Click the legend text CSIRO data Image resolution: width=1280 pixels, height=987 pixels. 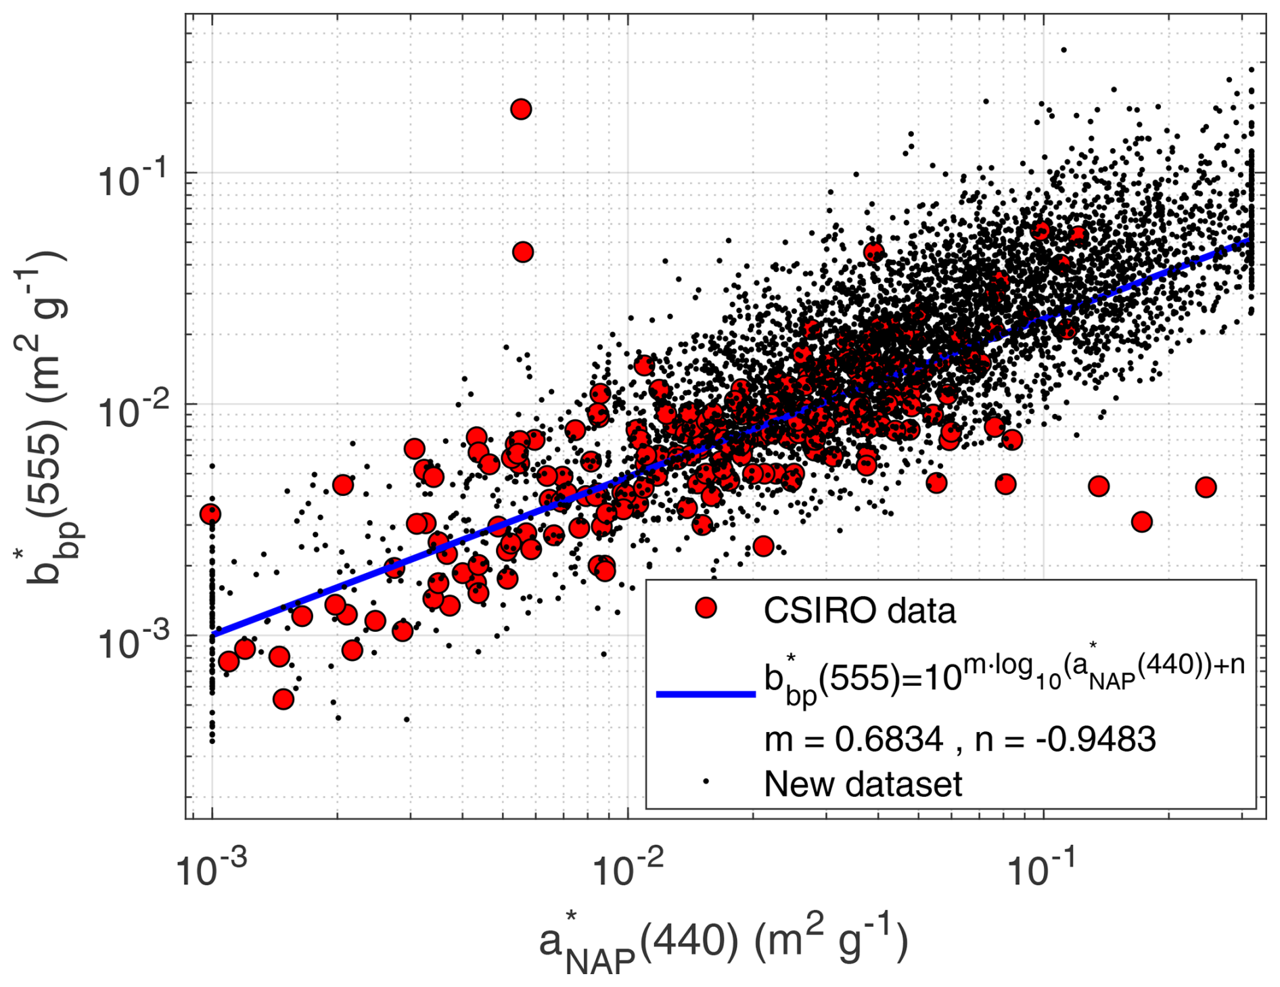tap(859, 610)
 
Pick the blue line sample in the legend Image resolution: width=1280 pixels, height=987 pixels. tap(706, 693)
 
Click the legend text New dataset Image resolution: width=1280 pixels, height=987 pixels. tap(863, 784)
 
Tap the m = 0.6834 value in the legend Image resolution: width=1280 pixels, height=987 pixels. tap(853, 739)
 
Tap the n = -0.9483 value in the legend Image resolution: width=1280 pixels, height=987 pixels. tap(1065, 739)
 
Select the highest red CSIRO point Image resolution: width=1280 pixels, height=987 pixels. tap(520, 109)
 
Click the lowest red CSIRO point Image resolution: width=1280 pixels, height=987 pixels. tap(283, 699)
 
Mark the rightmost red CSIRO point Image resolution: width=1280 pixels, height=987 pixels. tap(1206, 486)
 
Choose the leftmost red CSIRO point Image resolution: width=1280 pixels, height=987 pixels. tap(210, 514)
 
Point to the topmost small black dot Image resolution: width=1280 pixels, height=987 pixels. tap(1064, 50)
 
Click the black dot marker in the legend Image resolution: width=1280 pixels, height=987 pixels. tap(706, 781)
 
